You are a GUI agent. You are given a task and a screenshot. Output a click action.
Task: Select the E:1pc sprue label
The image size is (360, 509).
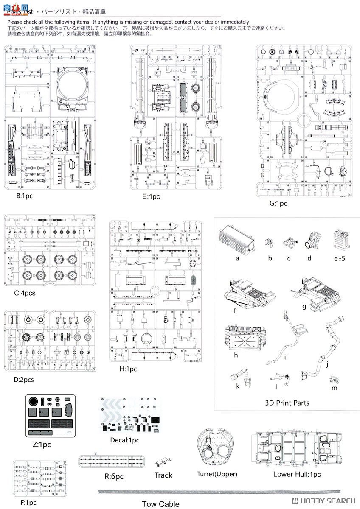click(151, 196)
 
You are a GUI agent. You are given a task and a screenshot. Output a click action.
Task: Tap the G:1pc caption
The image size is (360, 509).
click(278, 203)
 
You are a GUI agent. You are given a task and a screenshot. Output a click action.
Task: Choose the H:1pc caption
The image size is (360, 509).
click(128, 369)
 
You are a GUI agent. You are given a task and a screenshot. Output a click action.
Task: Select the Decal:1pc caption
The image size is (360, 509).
click(124, 440)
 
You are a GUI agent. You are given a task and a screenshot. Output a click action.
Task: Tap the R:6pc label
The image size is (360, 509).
click(114, 476)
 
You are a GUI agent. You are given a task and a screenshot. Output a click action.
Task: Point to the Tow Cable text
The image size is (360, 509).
click(160, 504)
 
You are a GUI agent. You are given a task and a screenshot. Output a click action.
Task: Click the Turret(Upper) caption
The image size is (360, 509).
click(217, 474)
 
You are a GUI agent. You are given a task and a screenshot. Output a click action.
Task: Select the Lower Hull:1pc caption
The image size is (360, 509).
click(297, 474)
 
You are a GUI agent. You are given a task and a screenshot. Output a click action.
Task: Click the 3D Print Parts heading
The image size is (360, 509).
click(287, 403)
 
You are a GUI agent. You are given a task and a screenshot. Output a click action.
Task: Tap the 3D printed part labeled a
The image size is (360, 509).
click(236, 239)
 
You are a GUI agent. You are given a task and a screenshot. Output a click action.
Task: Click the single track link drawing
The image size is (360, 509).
click(163, 463)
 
